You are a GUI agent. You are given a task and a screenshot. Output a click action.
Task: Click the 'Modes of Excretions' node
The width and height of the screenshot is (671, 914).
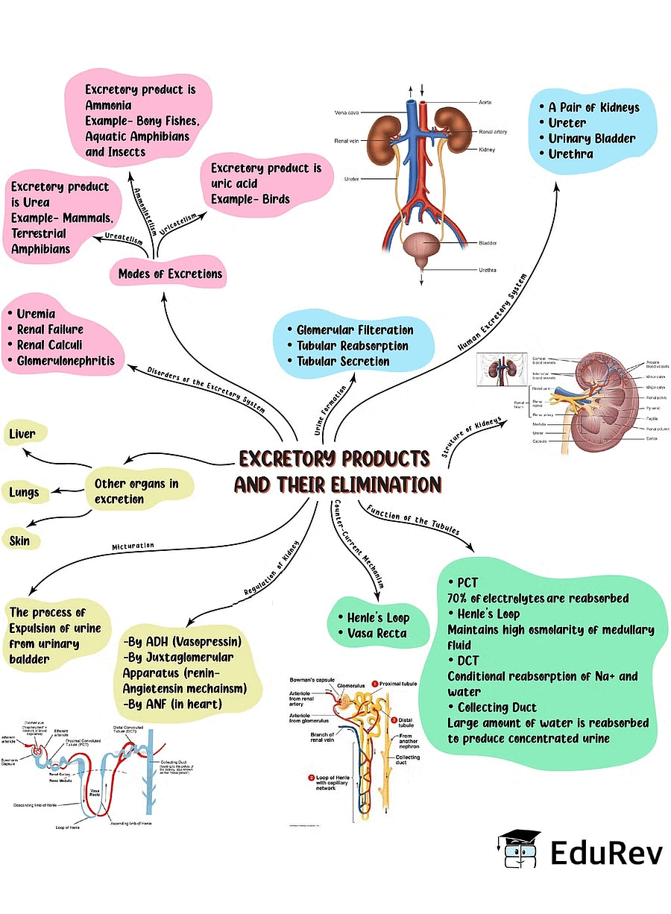coord(170,274)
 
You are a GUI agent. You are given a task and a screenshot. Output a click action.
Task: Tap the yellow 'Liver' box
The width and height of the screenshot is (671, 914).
coord(22,433)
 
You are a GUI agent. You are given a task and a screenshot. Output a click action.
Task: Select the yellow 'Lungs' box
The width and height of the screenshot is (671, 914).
coord(24,493)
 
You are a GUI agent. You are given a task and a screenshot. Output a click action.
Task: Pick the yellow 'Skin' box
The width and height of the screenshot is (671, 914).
coord(20,540)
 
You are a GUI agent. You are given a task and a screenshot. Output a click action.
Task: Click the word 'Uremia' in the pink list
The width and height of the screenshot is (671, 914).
coord(36,314)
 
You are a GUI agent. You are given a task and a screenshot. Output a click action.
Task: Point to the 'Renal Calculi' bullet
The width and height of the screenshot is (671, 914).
coord(49,345)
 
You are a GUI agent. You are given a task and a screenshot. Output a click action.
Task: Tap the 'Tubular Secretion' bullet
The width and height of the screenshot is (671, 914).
coord(343,362)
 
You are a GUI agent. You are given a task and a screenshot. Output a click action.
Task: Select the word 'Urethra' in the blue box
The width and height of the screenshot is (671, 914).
coord(571,154)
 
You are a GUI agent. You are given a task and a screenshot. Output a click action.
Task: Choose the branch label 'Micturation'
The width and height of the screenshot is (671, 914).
coord(133,546)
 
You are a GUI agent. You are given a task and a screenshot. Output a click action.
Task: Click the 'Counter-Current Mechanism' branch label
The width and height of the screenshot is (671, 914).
coord(359,544)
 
